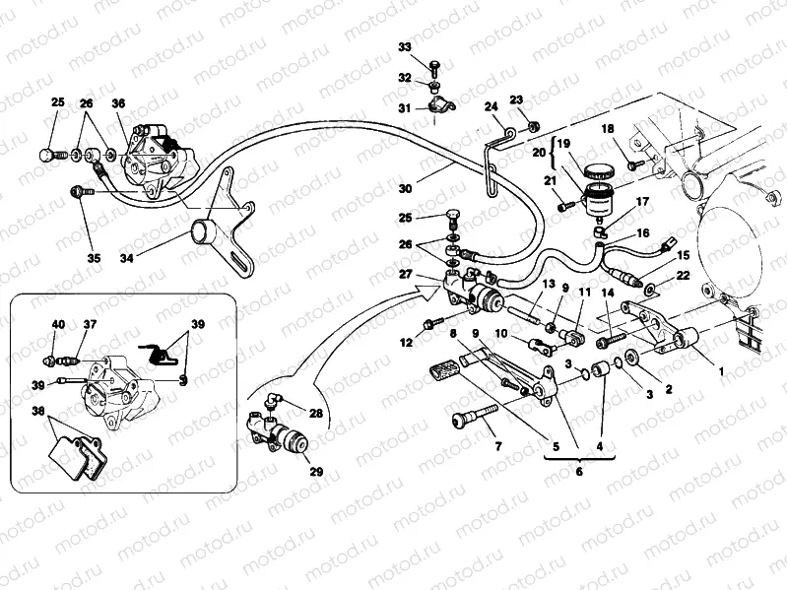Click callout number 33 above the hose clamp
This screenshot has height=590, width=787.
coord(405,47)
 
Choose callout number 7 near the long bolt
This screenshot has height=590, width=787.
coord(498,446)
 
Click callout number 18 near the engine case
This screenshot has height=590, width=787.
coord(608,129)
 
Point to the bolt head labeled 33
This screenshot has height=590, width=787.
coord(434,66)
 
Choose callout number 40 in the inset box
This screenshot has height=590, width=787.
coord(58,324)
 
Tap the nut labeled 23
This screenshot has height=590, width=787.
coord(532,125)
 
